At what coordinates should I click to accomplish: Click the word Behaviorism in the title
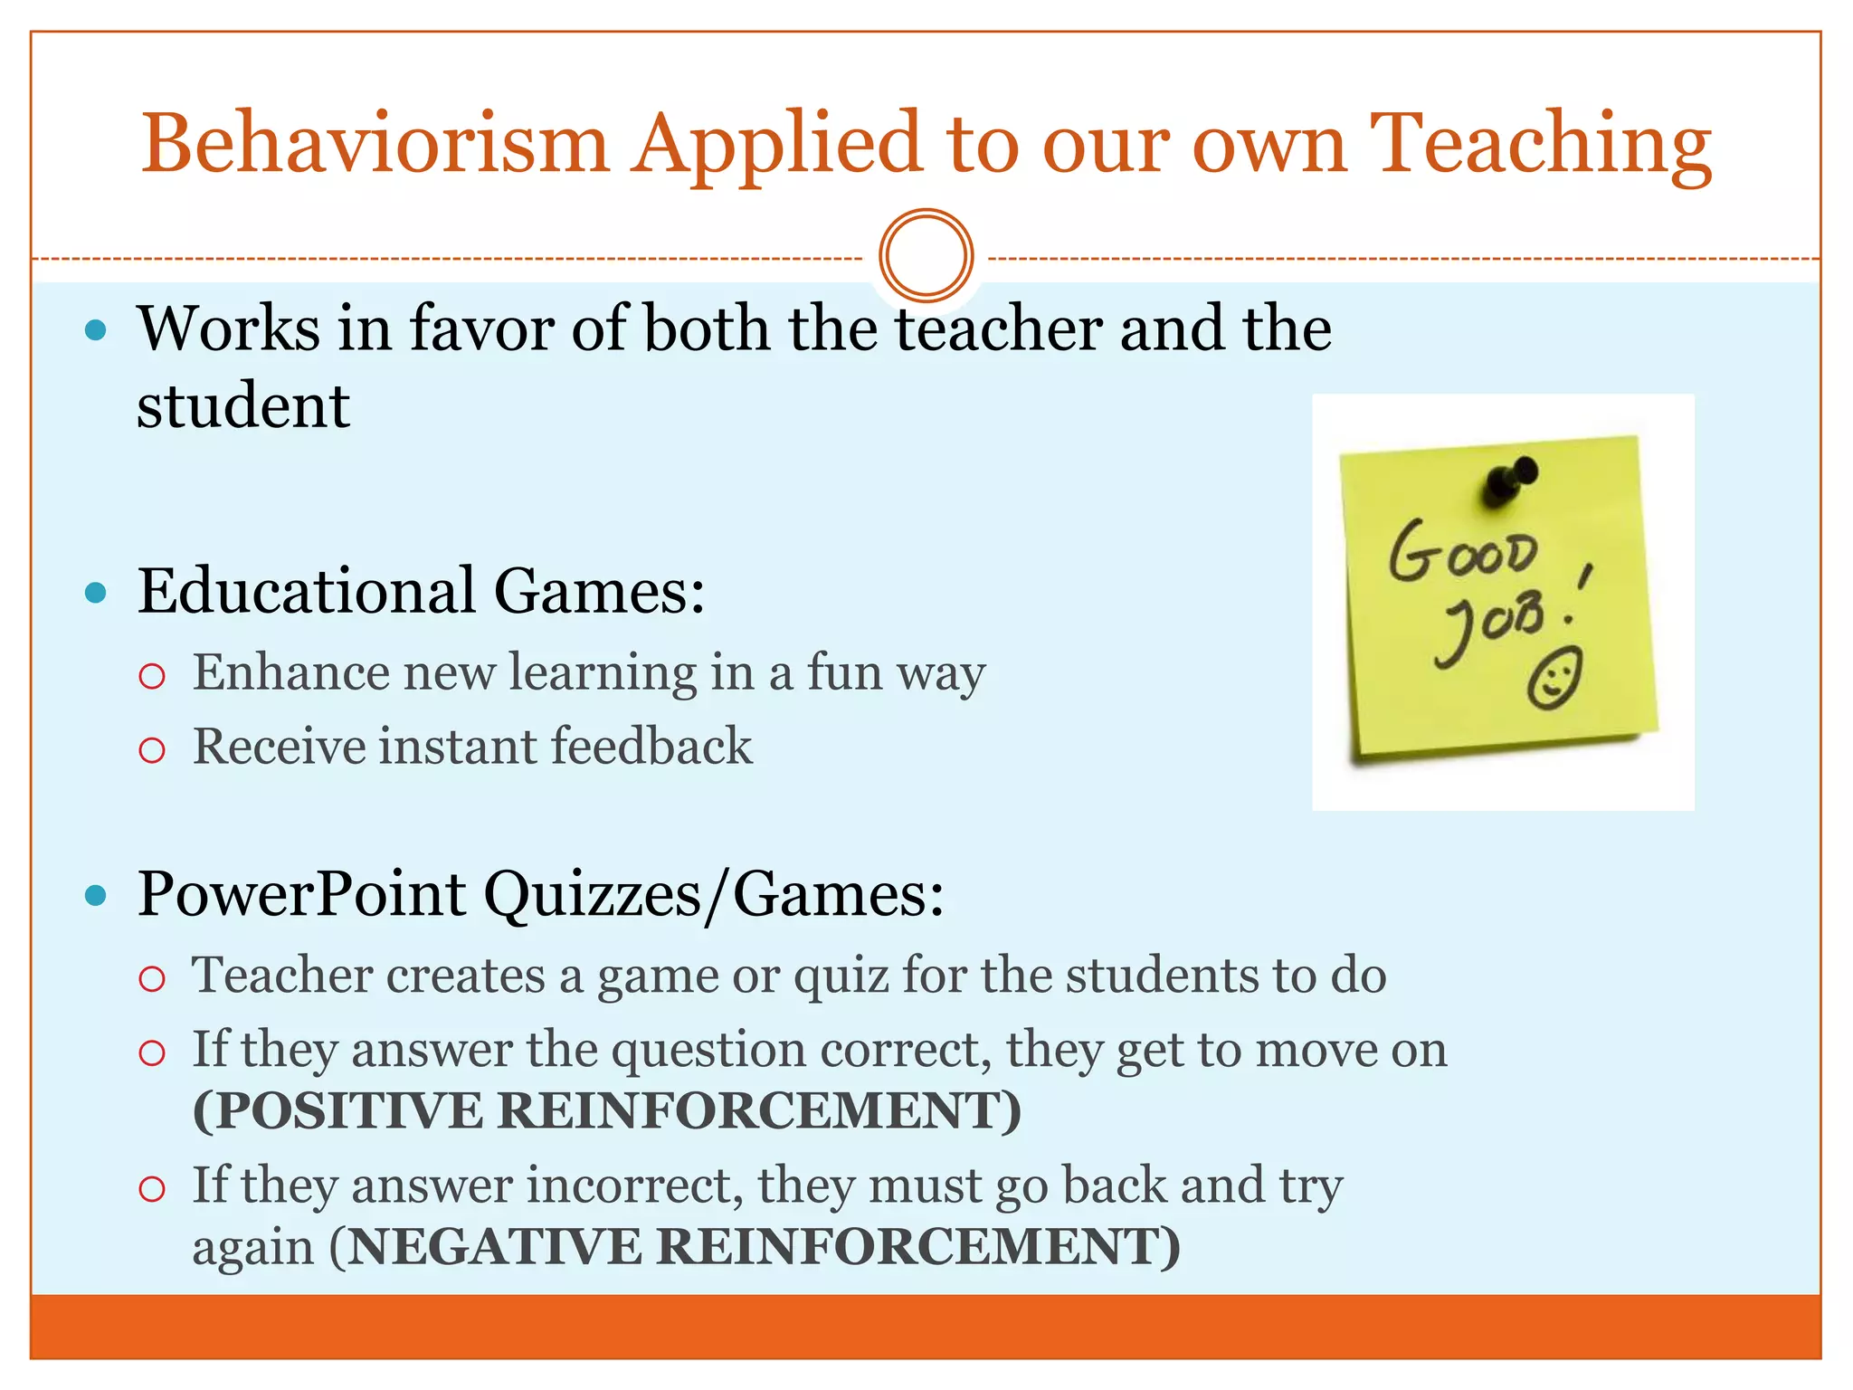375,145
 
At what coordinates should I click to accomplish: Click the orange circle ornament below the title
926,255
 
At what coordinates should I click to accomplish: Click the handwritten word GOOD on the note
1463,551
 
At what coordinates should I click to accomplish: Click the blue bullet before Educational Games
95,594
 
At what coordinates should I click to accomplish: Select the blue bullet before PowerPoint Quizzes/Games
95,896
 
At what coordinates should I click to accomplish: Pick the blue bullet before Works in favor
95,329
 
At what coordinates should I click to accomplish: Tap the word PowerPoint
301,895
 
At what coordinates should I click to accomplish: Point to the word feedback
651,747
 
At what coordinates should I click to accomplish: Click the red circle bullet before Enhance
152,675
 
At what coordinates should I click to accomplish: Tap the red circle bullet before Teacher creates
152,978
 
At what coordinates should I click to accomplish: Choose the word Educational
306,592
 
